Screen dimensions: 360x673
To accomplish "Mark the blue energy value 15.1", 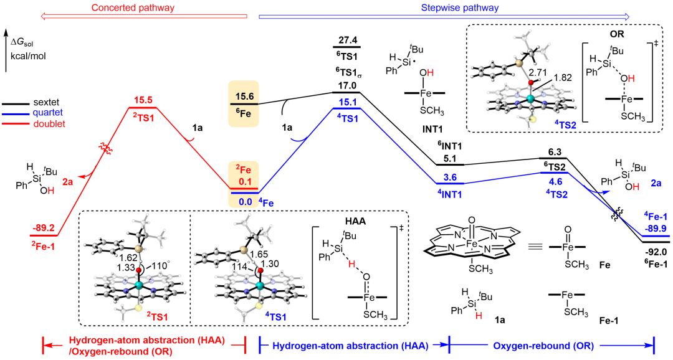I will (347, 102).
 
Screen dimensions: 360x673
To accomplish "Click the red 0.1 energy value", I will (244, 182).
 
